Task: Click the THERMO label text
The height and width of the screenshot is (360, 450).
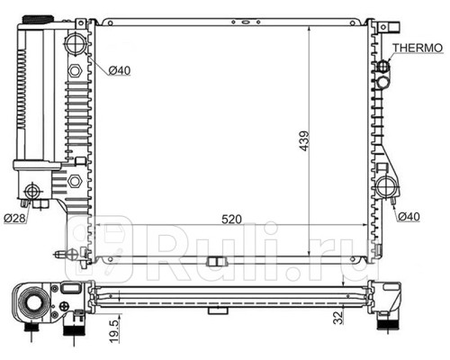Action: click(x=418, y=48)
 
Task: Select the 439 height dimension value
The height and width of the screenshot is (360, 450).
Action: click(x=304, y=140)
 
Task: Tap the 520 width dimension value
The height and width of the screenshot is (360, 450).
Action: click(x=231, y=220)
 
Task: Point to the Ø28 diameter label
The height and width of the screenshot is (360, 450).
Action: click(x=14, y=218)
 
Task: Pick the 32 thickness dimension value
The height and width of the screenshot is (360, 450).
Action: click(x=337, y=318)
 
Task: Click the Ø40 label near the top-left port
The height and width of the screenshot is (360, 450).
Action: click(x=120, y=70)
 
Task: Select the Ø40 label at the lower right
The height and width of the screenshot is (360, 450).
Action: click(x=409, y=216)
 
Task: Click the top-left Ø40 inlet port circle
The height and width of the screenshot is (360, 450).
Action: click(x=75, y=44)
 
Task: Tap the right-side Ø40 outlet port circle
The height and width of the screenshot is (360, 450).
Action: click(x=385, y=187)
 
